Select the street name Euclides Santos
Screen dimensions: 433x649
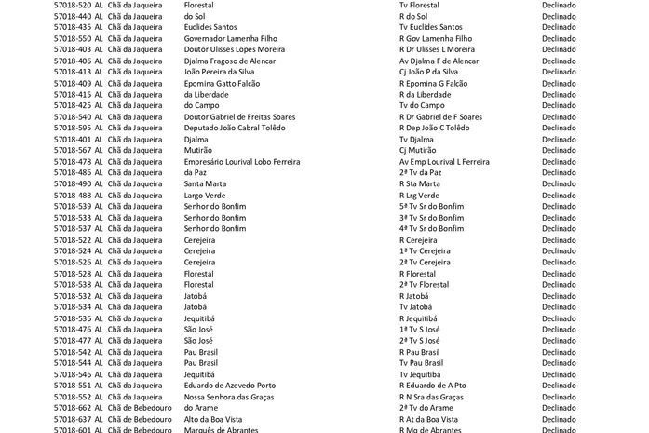click(x=214, y=27)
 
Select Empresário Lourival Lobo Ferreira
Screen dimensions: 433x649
click(x=242, y=161)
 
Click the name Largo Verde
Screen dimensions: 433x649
click(x=206, y=195)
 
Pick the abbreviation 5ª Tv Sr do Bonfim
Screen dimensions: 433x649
click(x=431, y=206)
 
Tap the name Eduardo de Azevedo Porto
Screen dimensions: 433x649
click(x=229, y=385)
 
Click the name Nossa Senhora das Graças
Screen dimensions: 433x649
click(x=231, y=396)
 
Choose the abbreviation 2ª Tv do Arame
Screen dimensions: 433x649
click(x=426, y=407)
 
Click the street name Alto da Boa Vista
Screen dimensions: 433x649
click(x=215, y=418)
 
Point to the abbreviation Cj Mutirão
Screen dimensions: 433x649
click(x=417, y=150)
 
